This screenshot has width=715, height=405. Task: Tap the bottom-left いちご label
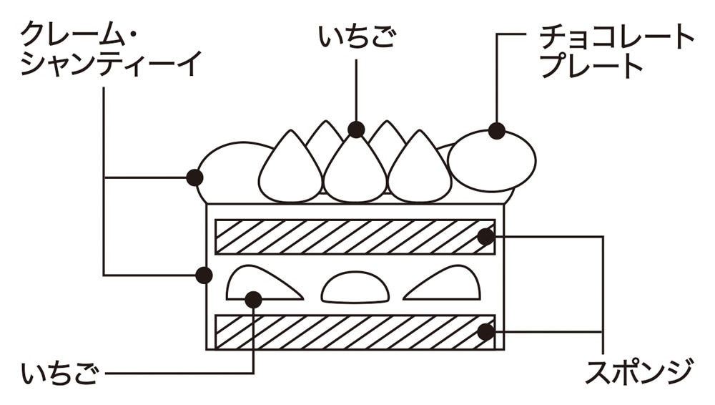pyautogui.click(x=59, y=374)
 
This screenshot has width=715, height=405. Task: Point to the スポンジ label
pyautogui.click(x=638, y=372)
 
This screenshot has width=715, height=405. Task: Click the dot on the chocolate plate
pyautogui.click(x=497, y=131)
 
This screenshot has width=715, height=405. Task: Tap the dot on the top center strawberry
pyautogui.click(x=356, y=130)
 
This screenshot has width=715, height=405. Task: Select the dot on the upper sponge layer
pyautogui.click(x=485, y=236)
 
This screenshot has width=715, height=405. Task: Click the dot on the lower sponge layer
pyautogui.click(x=485, y=331)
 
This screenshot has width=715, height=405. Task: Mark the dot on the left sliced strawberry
pyautogui.click(x=253, y=299)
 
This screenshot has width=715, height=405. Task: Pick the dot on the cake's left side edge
pyautogui.click(x=204, y=275)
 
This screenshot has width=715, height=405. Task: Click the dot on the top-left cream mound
pyautogui.click(x=193, y=177)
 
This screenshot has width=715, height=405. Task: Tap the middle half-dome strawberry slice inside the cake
pyautogui.click(x=355, y=289)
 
